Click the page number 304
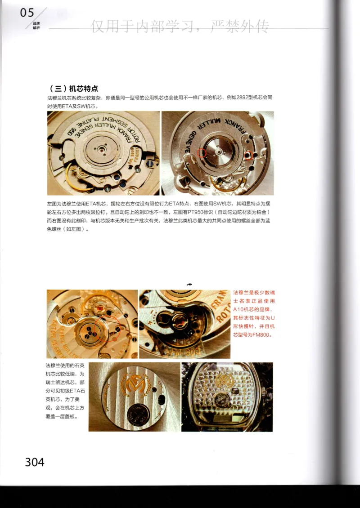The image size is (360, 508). click(x=35, y=462)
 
